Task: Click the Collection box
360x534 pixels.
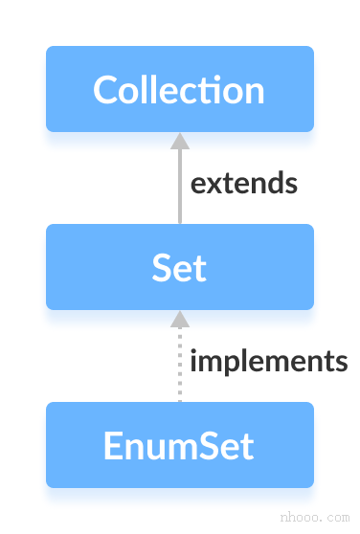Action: [x=179, y=89]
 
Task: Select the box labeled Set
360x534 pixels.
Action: [x=179, y=267]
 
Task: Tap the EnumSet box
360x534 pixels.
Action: [x=179, y=445]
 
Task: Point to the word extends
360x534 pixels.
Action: [x=243, y=182]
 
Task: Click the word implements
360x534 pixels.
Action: [x=268, y=361]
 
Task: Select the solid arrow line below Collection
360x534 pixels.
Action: [x=179, y=188]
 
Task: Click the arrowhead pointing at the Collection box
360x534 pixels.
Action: [x=179, y=141]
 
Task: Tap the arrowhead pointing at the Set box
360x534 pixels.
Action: [x=179, y=319]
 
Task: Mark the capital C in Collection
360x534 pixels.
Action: [x=105, y=90]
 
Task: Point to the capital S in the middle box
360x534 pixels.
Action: [x=162, y=268]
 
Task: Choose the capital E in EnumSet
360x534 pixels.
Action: [x=112, y=446]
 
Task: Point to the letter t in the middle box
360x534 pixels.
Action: [x=199, y=268]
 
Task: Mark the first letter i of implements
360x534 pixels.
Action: [x=194, y=360]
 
